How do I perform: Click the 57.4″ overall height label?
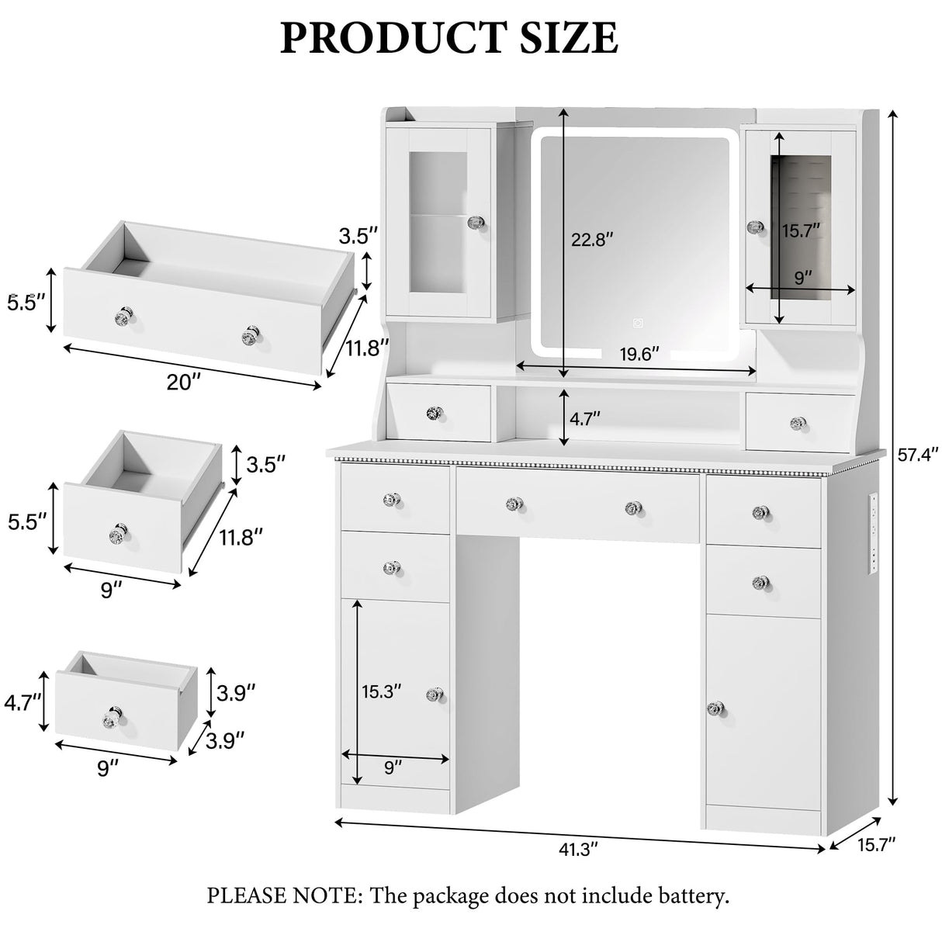pyautogui.click(x=918, y=454)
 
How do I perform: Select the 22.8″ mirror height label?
pyautogui.click(x=592, y=240)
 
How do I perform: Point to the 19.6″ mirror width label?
pyautogui.click(x=639, y=354)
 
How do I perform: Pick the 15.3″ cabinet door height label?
pyautogui.click(x=382, y=691)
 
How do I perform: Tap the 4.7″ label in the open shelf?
pyautogui.click(x=585, y=419)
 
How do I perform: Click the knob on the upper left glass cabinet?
pyautogui.click(x=474, y=223)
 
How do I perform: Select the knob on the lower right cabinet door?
pyautogui.click(x=714, y=708)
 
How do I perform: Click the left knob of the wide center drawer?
pyautogui.click(x=511, y=504)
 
